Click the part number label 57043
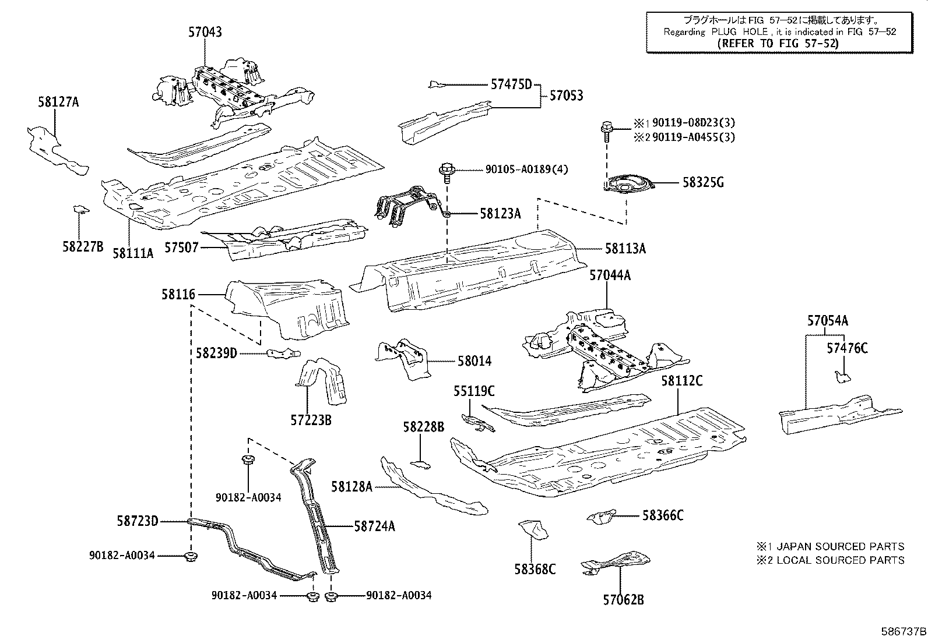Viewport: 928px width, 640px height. coord(205,33)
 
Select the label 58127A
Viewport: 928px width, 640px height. coord(58,102)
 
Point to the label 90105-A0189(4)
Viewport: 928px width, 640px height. coord(526,169)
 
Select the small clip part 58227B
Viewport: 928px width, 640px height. coord(80,208)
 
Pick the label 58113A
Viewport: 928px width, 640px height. coord(625,249)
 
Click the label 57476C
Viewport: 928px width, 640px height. coord(847,348)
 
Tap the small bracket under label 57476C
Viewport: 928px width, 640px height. coord(842,377)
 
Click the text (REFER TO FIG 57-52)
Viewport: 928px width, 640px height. coord(778,44)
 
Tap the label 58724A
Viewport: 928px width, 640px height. coord(374,526)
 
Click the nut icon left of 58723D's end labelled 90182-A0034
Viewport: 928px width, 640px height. coord(190,557)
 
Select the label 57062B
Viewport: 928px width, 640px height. coord(623,599)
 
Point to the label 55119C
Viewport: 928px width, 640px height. coord(473,391)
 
